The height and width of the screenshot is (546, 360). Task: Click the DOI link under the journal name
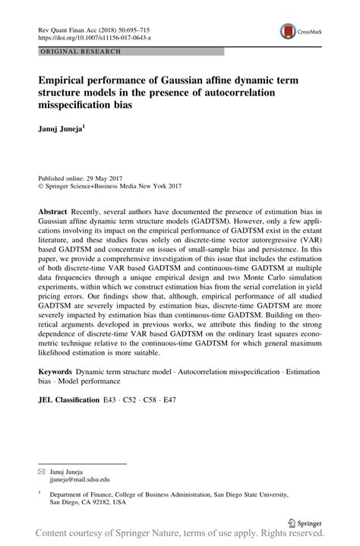[x=87, y=36]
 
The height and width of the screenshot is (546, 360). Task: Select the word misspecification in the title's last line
[x=84, y=106]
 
